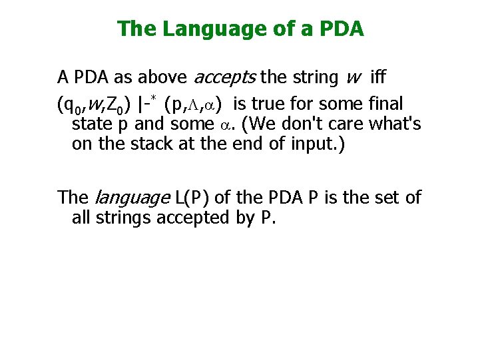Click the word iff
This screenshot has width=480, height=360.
point(376,78)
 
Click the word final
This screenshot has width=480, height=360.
point(389,104)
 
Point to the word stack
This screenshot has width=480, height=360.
point(159,144)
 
